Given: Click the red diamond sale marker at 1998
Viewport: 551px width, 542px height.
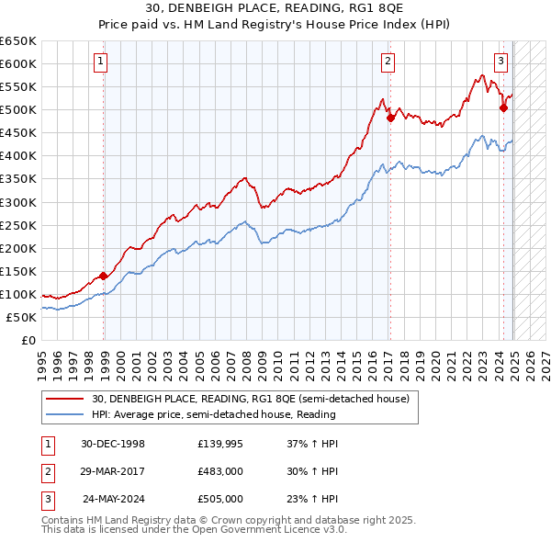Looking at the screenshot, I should pos(104,275).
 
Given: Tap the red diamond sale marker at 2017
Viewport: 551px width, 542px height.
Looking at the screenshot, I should pos(390,117).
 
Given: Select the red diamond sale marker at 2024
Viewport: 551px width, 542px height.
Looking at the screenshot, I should pos(503,107).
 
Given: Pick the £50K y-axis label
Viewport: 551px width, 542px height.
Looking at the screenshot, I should pos(22,317).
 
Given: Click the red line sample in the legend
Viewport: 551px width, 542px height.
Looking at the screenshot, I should pos(64,399).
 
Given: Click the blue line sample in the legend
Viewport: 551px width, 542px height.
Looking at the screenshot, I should pos(64,414).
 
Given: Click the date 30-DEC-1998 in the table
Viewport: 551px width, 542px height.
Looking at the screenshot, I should pos(112,445).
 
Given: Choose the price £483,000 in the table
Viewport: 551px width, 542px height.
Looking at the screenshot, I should pos(220,471).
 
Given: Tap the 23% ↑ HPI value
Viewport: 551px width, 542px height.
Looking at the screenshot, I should pos(311,499).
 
